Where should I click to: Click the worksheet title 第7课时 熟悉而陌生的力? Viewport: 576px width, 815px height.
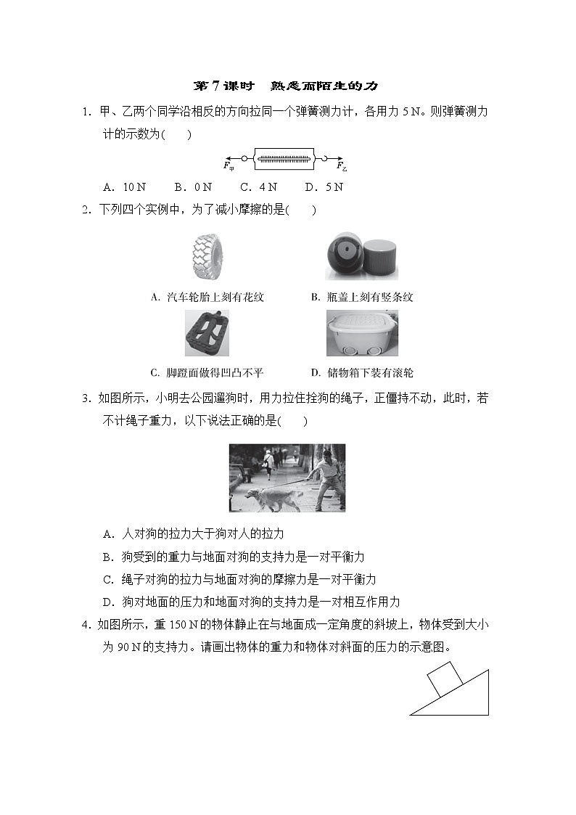[287, 86]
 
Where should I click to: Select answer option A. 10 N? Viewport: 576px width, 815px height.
[120, 187]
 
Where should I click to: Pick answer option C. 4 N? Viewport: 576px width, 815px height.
[258, 187]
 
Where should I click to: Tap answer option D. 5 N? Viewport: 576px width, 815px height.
[324, 187]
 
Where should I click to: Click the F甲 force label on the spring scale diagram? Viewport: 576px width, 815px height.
[229, 166]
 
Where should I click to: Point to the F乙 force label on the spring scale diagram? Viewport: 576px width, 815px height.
[342, 166]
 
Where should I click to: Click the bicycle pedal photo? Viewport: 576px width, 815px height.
[206, 333]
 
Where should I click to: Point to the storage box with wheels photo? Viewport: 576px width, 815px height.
[361, 333]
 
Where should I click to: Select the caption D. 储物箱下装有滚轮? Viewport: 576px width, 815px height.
[361, 373]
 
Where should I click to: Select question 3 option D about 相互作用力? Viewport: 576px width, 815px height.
[251, 602]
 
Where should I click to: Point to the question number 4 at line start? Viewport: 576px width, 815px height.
[86, 625]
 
